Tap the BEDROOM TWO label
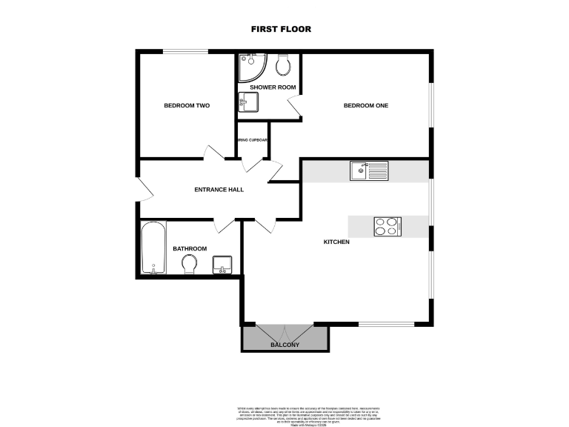click(187, 106)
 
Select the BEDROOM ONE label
click(366, 105)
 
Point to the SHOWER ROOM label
click(273, 87)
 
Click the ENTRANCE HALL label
click(219, 190)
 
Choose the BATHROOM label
click(190, 249)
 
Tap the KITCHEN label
click(336, 242)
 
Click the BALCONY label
click(285, 345)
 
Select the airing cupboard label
click(253, 140)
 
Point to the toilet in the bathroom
click(190, 264)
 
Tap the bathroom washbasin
click(222, 264)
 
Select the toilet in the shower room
click(282, 65)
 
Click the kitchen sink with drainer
click(368, 171)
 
